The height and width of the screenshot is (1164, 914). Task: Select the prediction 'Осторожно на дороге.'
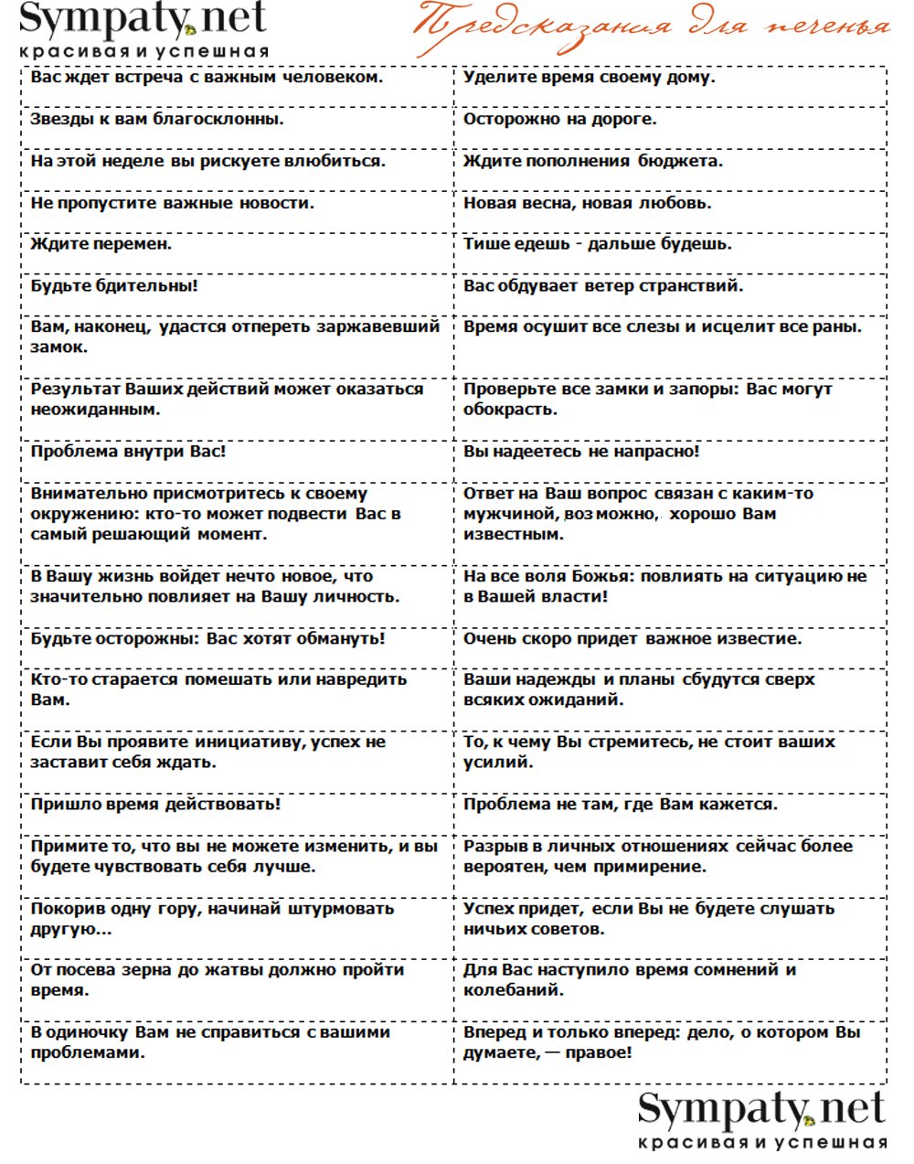[559, 119]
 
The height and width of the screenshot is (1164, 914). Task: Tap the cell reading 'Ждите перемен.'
[101, 244]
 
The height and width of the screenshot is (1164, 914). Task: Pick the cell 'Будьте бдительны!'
[114, 285]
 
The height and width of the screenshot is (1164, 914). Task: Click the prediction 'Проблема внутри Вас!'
[128, 451]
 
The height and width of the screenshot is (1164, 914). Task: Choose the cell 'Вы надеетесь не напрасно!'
[581, 451]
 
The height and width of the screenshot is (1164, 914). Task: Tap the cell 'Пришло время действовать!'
[155, 804]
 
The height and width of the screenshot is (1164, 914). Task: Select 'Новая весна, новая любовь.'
[587, 203]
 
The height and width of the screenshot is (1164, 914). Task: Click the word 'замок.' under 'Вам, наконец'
[59, 347]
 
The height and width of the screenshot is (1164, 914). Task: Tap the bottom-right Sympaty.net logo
[761, 1119]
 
